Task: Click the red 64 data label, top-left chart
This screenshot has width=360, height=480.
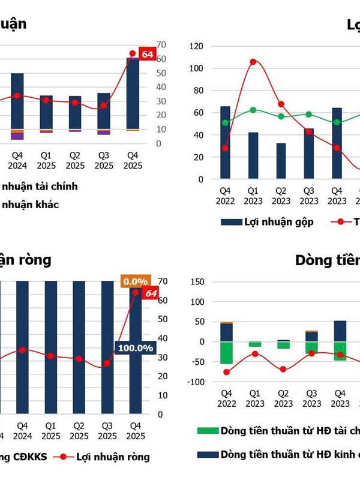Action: click(x=147, y=54)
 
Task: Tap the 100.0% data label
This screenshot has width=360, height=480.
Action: click(x=136, y=348)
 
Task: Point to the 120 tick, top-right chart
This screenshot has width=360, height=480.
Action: click(x=196, y=46)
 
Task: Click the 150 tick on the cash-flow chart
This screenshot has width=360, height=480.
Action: click(x=197, y=281)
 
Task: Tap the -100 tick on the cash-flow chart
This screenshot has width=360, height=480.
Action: click(x=195, y=382)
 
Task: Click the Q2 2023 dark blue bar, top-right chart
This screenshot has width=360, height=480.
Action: click(x=281, y=161)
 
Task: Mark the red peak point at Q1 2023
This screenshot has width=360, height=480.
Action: click(x=253, y=62)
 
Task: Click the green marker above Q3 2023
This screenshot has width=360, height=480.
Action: click(x=309, y=114)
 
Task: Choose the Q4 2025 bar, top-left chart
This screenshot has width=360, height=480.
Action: click(x=133, y=93)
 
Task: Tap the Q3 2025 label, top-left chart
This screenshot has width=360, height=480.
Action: click(x=104, y=160)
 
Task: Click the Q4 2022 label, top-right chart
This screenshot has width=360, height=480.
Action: click(x=226, y=196)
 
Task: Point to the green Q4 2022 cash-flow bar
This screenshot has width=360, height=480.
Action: click(x=226, y=353)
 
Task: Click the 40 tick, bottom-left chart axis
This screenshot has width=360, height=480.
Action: click(x=162, y=338)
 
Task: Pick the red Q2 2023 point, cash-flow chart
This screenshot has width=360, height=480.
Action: click(x=282, y=370)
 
